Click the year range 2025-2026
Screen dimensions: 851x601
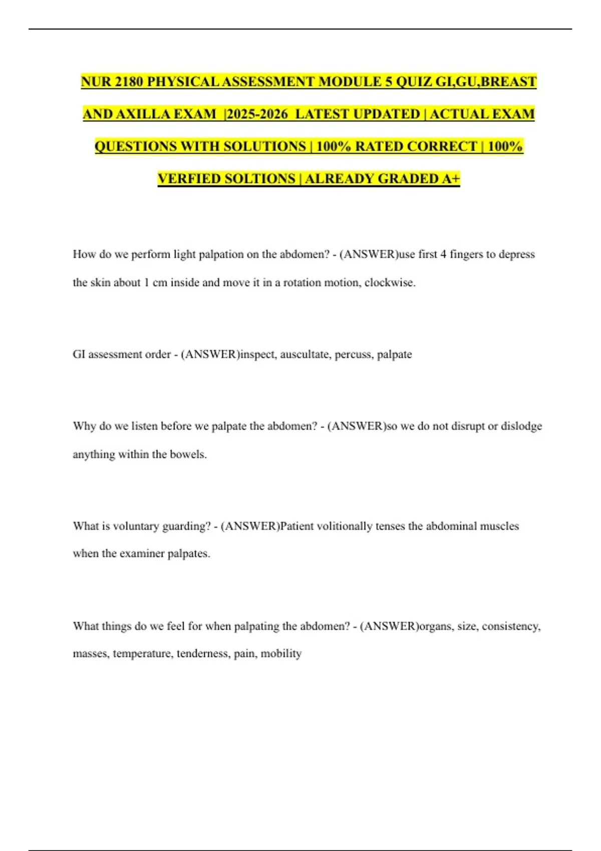pyautogui.click(x=257, y=114)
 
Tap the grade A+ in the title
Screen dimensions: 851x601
pyautogui.click(x=450, y=179)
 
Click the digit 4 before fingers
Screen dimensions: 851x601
pyautogui.click(x=443, y=254)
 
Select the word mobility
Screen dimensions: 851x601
pyautogui.click(x=281, y=654)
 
